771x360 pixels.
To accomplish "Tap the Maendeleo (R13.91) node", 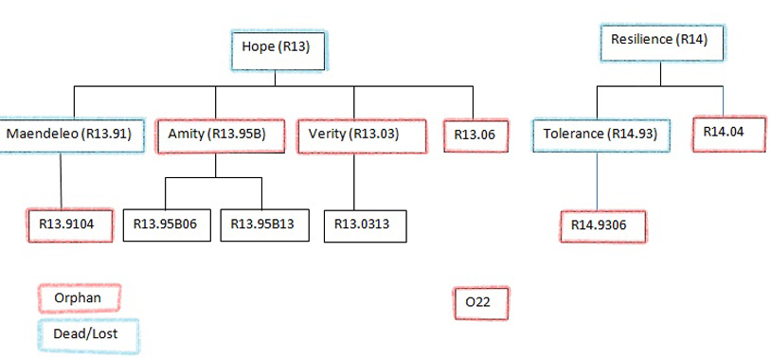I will [75, 135].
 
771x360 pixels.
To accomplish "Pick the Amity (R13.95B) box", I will [216, 135].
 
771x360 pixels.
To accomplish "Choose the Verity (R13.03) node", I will [353, 135].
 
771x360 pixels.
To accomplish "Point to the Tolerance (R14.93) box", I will [601, 135].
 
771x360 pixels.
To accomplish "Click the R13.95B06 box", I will [170, 225].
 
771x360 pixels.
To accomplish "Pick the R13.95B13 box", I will [262, 225].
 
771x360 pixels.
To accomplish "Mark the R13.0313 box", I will [362, 225].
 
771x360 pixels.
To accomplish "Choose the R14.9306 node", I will [599, 225].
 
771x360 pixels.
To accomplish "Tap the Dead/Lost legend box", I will [87, 334].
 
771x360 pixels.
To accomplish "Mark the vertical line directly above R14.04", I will [724, 102].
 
